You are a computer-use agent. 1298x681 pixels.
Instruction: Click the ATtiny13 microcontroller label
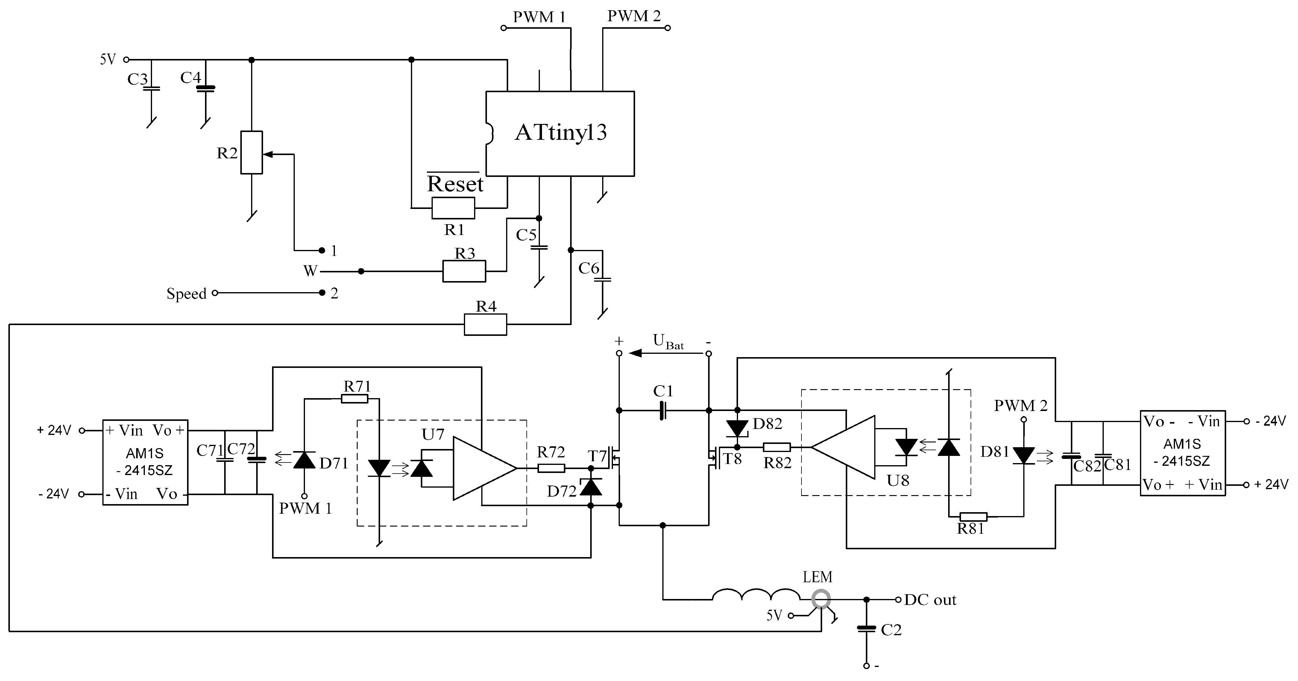pyautogui.click(x=560, y=133)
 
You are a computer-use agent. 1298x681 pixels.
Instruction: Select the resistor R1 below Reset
pyautogui.click(x=453, y=208)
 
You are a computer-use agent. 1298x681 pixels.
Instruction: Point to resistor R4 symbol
pyautogui.click(x=485, y=324)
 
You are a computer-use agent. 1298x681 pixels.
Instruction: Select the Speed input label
pyautogui.click(x=186, y=293)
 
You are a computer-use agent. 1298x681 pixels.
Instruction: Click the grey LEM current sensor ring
pyautogui.click(x=821, y=599)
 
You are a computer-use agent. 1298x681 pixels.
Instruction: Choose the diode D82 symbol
pyautogui.click(x=737, y=428)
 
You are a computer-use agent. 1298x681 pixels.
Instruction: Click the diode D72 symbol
pyautogui.click(x=590, y=487)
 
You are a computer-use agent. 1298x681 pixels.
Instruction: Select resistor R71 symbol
pyautogui.click(x=354, y=399)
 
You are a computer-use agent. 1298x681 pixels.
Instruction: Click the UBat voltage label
pyautogui.click(x=668, y=342)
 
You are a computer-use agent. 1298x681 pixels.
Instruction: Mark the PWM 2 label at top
pyautogui.click(x=633, y=16)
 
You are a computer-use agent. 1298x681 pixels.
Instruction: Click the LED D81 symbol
pyautogui.click(x=1023, y=455)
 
